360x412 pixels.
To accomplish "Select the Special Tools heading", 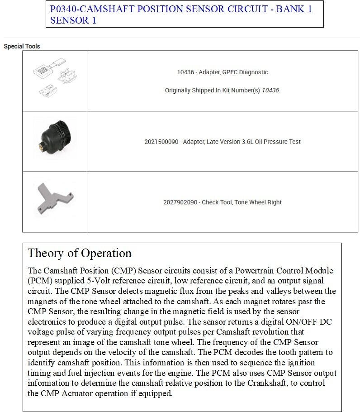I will pyautogui.click(x=22, y=46).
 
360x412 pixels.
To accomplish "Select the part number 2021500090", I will pyautogui.click(x=162, y=142).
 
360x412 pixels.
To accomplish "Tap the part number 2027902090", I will pyautogui.click(x=180, y=202).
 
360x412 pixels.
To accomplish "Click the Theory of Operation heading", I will pyautogui.click(x=80, y=253).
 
